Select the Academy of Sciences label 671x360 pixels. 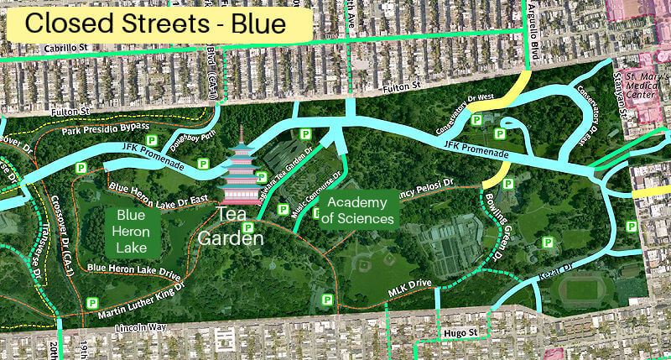(361, 211)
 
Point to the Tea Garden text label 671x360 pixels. (231, 227)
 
